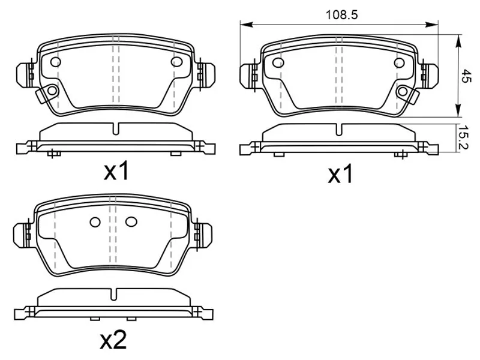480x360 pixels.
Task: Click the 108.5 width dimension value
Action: click(341, 14)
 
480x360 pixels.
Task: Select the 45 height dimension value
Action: click(466, 76)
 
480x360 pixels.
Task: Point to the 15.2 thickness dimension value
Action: click(464, 138)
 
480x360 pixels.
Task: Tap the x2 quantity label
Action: click(113, 340)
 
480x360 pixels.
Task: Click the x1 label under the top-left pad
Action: click(116, 172)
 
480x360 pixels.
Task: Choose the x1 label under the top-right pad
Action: click(340, 175)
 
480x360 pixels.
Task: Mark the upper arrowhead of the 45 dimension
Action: click(458, 41)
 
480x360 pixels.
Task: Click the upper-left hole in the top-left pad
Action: click(55, 62)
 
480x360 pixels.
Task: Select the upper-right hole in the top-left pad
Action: click(176, 62)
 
